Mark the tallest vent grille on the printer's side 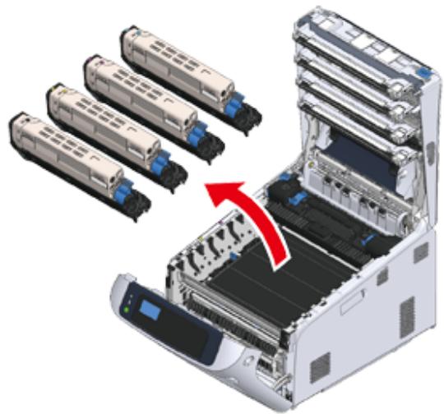[407, 316]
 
